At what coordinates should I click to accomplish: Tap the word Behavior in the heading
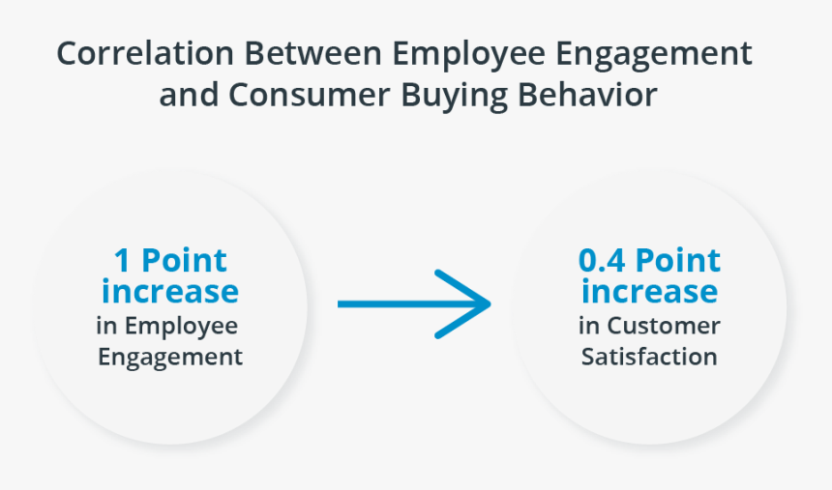[x=592, y=96]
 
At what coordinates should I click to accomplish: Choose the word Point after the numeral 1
[x=183, y=261]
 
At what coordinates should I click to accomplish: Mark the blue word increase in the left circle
[x=169, y=291]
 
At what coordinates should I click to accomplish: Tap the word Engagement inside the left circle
[x=170, y=357]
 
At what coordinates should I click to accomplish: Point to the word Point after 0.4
[x=678, y=261]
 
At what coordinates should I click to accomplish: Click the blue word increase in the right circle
[x=649, y=291]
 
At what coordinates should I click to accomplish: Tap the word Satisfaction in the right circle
[x=649, y=357]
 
